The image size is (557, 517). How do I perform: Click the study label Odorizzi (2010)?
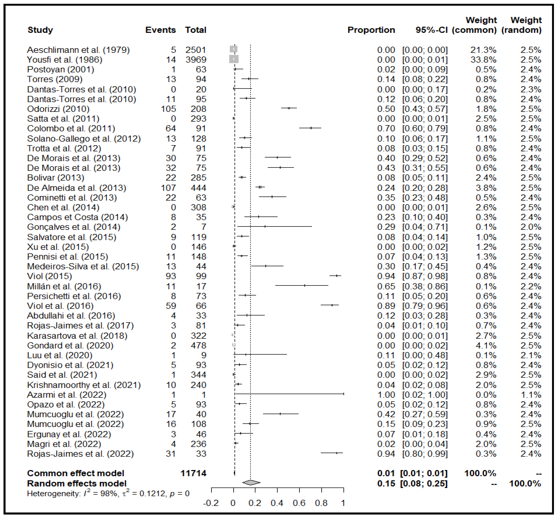click(58, 109)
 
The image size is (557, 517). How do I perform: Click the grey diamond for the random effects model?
click(251, 483)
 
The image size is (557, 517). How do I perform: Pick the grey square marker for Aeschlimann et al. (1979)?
click(234, 49)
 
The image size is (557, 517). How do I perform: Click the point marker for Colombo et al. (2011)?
click(311, 128)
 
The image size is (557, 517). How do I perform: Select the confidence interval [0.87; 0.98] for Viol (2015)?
click(425, 276)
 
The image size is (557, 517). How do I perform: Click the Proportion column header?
click(371, 30)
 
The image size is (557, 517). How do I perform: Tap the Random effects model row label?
click(77, 483)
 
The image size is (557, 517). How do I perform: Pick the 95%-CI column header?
click(432, 30)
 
